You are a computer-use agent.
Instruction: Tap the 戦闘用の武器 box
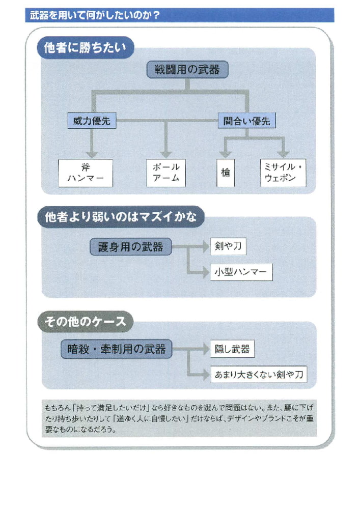pos(187,70)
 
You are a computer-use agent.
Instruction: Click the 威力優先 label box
pos(92,121)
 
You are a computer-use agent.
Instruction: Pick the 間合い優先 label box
pos(247,121)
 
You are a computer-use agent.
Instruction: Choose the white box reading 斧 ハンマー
pos(85,173)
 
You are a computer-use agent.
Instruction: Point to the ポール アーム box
pos(166,173)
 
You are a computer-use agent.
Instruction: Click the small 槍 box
pos(226,173)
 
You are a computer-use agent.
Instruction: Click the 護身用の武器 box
pos(131,247)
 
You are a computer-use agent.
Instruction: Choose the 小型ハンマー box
pos(241,272)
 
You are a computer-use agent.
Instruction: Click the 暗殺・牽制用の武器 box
pos(117,349)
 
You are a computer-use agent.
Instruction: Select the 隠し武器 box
pos(232,349)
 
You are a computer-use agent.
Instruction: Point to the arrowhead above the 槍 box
pos(225,154)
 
